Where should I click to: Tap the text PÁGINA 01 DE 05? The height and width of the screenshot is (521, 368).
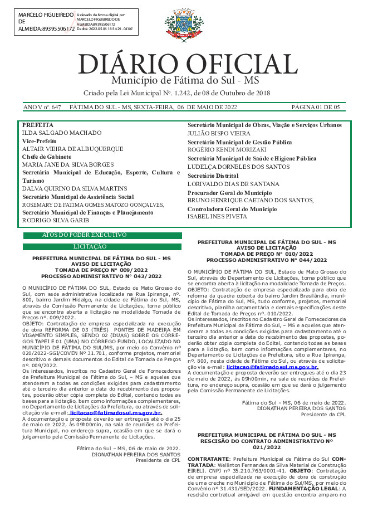[315, 107]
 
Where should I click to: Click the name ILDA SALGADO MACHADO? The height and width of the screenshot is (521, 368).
[62, 133]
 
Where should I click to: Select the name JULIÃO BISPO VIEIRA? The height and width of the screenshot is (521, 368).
[219, 134]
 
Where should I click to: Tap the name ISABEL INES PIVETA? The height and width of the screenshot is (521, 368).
[218, 217]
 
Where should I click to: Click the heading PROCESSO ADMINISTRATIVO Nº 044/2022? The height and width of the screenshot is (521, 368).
[267, 260]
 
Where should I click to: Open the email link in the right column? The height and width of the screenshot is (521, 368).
[272, 368]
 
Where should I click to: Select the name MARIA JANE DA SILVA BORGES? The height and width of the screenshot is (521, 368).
[67, 165]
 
